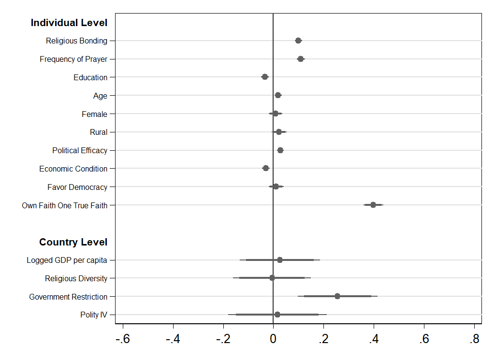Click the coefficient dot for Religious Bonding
coord(298,41)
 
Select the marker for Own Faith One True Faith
coord(373,205)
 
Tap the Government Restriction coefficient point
coord(337,296)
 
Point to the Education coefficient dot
coord(265,77)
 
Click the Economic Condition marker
coord(266,168)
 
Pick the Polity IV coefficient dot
coord(277,315)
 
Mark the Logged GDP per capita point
coord(280,260)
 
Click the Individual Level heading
coord(69,23)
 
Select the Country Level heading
coord(73,242)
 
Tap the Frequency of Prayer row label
coord(73,59)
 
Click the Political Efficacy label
coord(80,150)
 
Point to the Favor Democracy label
coord(77,187)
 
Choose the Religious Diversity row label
coord(76,278)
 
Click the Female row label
coord(94,114)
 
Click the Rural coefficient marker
coord(279,132)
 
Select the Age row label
coord(100,96)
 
